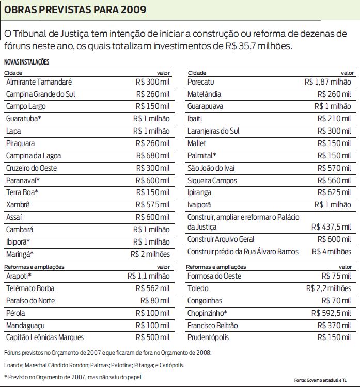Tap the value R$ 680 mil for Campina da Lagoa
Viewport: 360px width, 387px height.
pos(152,156)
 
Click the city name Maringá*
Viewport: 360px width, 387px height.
pos(20,254)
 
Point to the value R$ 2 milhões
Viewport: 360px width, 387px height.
pos(150,254)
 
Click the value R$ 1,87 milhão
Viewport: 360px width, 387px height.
pos(327,82)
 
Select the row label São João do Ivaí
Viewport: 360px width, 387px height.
pos(211,168)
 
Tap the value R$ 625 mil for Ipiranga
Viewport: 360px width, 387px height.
pos(335,192)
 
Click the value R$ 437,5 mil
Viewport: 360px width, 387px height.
pos(331,227)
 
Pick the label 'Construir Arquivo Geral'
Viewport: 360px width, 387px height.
pos(221,239)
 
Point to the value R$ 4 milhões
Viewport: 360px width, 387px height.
pos(332,252)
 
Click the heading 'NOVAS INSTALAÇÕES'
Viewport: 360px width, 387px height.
pos(26,62)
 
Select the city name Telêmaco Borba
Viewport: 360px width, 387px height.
pos(30,288)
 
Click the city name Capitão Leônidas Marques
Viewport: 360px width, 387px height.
pos(45,337)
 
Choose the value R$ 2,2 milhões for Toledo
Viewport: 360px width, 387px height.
pos(328,288)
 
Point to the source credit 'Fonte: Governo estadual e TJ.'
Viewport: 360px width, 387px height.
pos(323,380)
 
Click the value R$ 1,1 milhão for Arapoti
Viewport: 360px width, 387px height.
pos(148,276)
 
